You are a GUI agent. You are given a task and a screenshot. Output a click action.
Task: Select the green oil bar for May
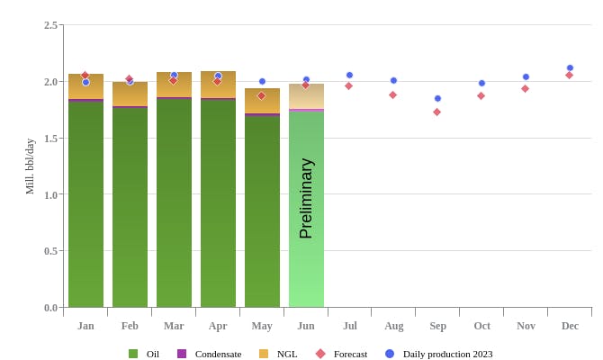click(x=262, y=211)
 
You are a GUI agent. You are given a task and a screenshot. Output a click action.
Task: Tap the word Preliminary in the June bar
click(x=306, y=198)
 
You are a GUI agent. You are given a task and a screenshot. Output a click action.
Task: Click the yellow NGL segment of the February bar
click(x=130, y=94)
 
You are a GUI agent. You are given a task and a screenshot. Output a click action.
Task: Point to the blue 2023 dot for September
click(x=437, y=98)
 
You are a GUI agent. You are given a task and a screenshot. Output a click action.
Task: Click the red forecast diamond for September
click(x=436, y=112)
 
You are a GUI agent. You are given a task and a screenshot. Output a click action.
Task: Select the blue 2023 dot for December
click(x=570, y=67)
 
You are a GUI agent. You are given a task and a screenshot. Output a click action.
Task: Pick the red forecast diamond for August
click(x=392, y=94)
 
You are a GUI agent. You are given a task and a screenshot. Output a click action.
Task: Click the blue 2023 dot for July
click(x=349, y=75)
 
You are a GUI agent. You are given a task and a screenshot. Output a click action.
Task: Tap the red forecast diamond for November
click(x=525, y=88)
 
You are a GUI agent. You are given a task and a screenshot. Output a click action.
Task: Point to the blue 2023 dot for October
click(x=481, y=83)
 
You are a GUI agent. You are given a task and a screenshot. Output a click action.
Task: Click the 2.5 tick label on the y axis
click(x=50, y=25)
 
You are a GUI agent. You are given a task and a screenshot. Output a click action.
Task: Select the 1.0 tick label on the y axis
click(x=50, y=194)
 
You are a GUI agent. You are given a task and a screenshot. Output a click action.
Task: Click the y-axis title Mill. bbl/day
click(x=30, y=166)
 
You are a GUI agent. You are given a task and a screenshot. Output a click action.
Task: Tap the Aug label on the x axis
click(x=393, y=326)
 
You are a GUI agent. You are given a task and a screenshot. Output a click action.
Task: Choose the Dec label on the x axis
click(x=570, y=326)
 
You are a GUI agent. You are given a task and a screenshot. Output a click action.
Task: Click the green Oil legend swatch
click(x=133, y=354)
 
